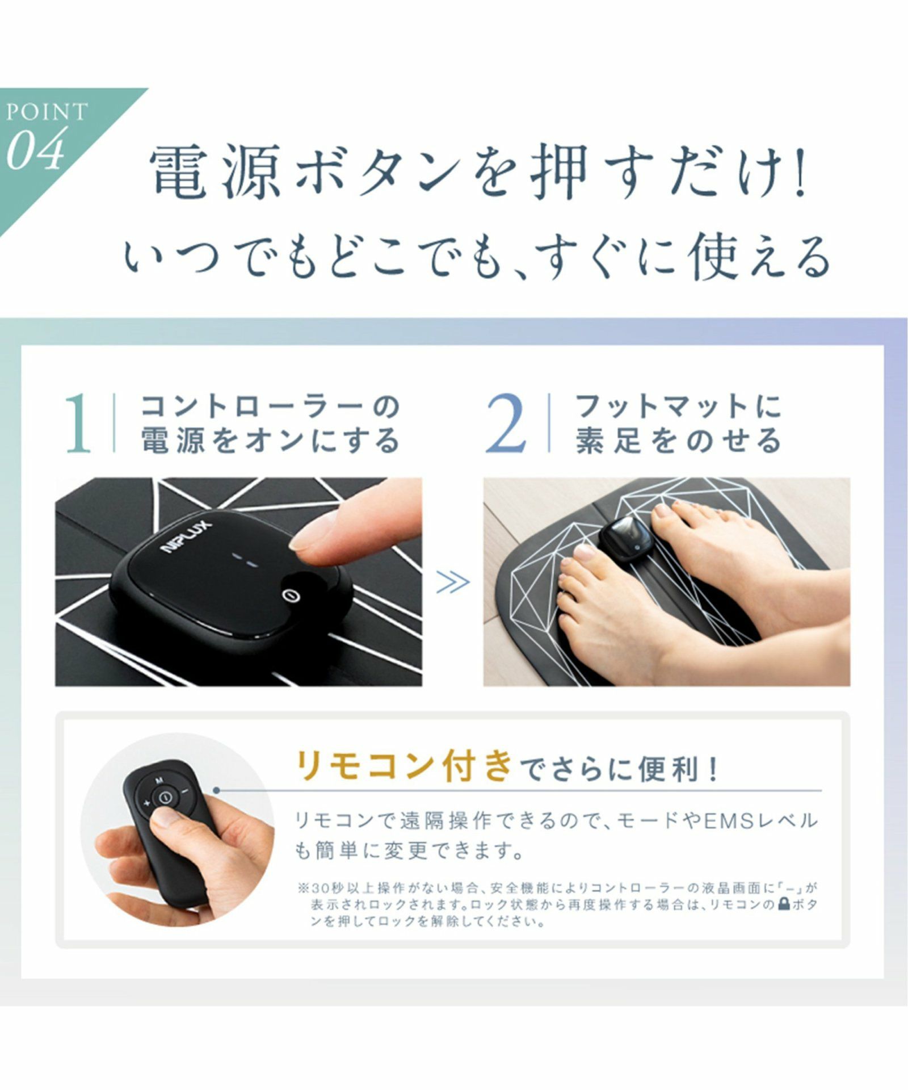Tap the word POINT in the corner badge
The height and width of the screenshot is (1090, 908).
[x=48, y=112]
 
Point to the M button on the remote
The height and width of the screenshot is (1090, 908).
[x=159, y=779]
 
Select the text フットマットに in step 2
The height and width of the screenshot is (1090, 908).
[x=678, y=406]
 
